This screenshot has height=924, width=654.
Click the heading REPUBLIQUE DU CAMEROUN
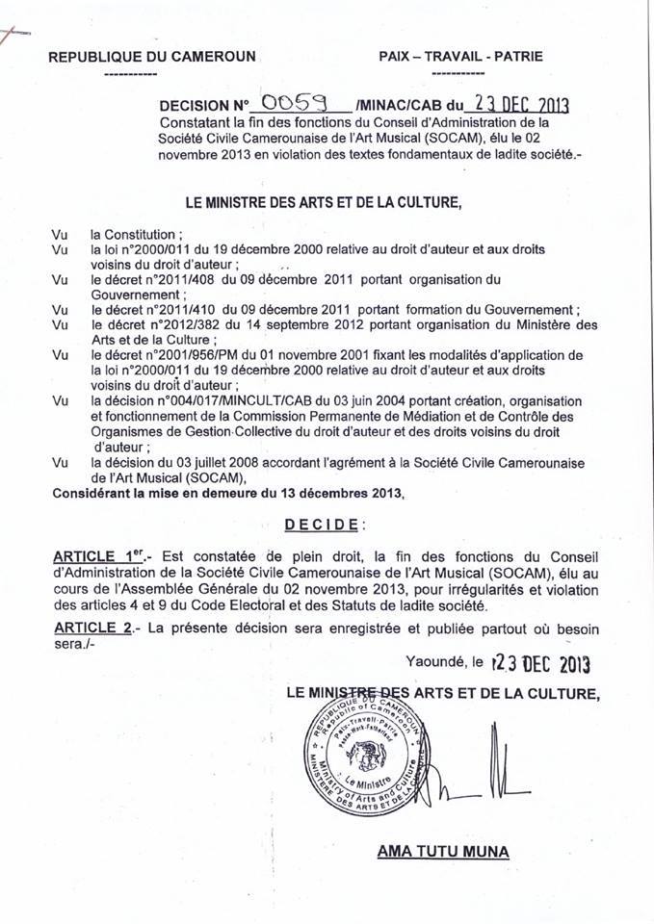point(151,57)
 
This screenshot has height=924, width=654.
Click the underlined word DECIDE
point(323,525)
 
